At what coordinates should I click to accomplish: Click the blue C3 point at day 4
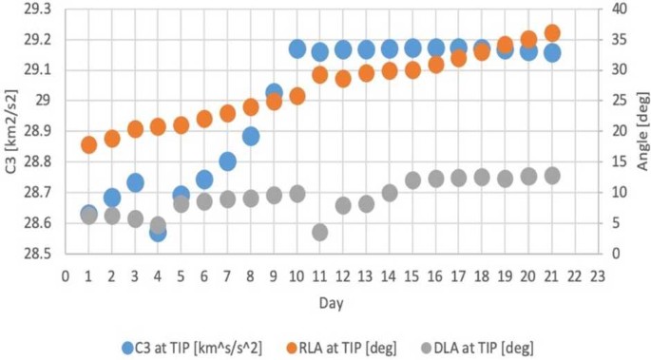[158, 232]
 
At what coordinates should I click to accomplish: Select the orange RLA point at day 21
[552, 33]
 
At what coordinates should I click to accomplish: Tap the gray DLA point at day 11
[320, 232]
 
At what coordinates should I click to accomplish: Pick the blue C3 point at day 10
[297, 48]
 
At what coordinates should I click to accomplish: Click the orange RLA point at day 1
[88, 144]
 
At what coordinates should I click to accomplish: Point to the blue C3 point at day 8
[251, 136]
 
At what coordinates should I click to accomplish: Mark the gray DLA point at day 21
[552, 176]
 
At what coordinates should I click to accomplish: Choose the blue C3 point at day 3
[135, 182]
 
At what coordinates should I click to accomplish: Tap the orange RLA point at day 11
[320, 75]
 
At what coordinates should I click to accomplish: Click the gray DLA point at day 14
[390, 193]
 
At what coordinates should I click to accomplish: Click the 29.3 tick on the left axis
[36, 9]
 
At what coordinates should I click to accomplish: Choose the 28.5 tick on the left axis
[36, 254]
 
